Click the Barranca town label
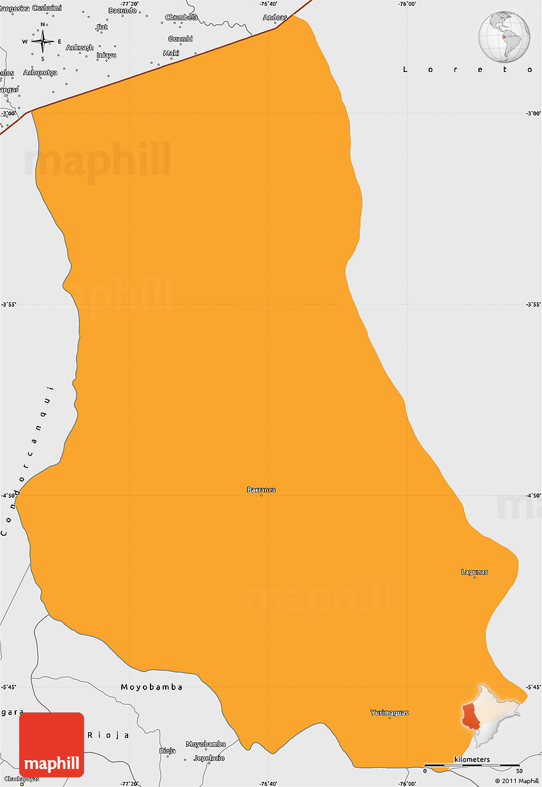(261, 490)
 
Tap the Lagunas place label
(474, 572)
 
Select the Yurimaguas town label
(390, 712)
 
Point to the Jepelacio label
(209, 758)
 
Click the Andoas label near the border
(275, 17)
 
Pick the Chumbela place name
(182, 17)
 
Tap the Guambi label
(180, 39)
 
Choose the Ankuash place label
(80, 47)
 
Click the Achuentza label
(40, 72)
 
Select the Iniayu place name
(106, 55)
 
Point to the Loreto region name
(467, 70)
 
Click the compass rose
(43, 41)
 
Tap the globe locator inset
(504, 36)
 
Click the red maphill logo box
(52, 744)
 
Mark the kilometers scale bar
(472, 764)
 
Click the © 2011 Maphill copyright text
(516, 781)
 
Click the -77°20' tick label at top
(129, 4)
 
